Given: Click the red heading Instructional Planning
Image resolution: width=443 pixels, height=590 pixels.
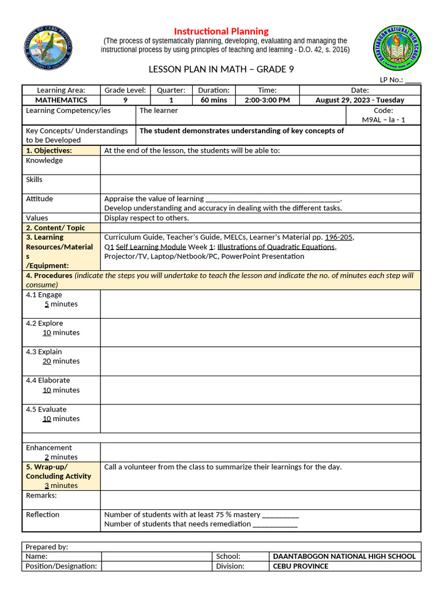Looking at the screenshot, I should click(221, 31).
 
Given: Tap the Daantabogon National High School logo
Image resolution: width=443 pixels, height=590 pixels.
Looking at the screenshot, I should click(397, 51).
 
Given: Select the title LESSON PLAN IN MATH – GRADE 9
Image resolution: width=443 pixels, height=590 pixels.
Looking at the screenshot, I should click(221, 70).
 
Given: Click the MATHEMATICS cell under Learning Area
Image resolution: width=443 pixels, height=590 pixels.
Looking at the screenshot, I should click(61, 100).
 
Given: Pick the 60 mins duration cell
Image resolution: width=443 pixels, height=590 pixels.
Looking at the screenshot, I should click(213, 100).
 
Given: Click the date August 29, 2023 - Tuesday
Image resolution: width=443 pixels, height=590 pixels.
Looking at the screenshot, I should click(359, 100).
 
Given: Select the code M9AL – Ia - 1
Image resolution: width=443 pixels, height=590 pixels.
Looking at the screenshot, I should click(384, 120).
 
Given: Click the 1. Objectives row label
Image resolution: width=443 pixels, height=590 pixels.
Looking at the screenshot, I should click(49, 150).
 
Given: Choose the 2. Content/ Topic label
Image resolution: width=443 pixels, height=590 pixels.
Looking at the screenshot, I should click(55, 228).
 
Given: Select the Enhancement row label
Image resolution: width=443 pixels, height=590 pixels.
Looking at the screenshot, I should click(49, 448).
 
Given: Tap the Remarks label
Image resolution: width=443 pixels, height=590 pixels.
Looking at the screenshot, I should click(42, 496).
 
